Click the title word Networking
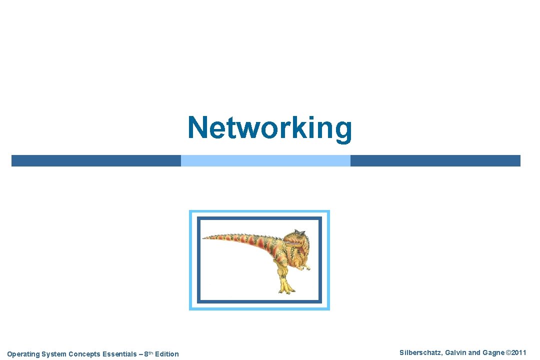[x=269, y=128]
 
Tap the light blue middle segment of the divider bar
[x=265, y=160]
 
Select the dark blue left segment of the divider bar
[x=96, y=160]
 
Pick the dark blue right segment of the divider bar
[x=435, y=160]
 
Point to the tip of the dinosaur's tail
[x=204, y=237]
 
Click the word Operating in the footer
[x=23, y=354]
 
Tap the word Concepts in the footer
[x=84, y=354]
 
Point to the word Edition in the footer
[x=166, y=354]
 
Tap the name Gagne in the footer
[x=492, y=353]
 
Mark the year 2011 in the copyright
[x=518, y=353]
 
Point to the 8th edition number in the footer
[x=147, y=353]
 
